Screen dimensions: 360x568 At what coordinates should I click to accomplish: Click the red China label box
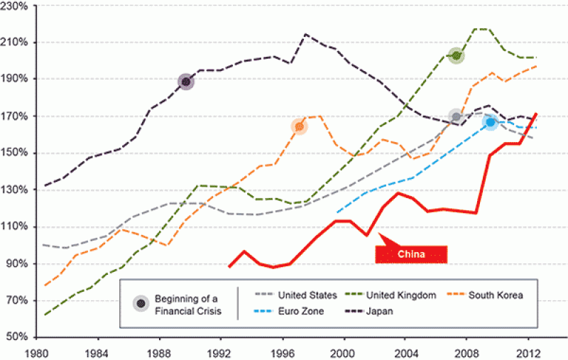[412, 253]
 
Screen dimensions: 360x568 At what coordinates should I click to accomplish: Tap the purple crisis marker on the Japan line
[186, 82]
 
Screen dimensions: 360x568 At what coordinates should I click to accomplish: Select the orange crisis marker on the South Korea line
[299, 126]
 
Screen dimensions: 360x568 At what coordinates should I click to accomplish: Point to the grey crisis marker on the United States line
[457, 116]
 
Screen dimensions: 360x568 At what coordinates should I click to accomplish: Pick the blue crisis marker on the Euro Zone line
[490, 122]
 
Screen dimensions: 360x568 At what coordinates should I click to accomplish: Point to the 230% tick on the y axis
[13, 6]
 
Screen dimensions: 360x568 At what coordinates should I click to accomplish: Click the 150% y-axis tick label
[13, 153]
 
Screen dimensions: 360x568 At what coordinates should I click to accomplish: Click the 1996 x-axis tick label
[284, 351]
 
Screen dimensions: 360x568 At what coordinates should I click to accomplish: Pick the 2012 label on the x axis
[527, 351]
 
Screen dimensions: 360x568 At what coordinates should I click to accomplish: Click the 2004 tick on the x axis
[405, 351]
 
